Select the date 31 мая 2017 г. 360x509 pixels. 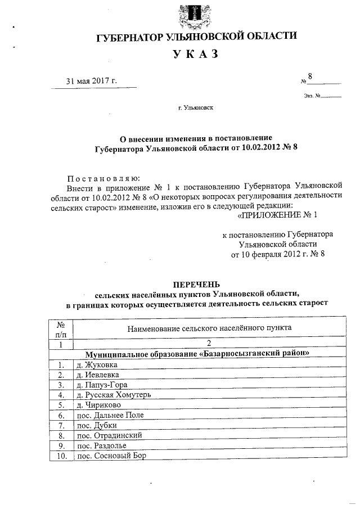tap(91, 81)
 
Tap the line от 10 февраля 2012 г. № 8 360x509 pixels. tap(278, 254)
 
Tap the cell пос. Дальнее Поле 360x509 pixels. tap(110, 415)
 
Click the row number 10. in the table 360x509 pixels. tap(61, 456)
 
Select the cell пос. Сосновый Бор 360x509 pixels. tap(111, 456)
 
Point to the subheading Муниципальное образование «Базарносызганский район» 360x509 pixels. tap(197, 354)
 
